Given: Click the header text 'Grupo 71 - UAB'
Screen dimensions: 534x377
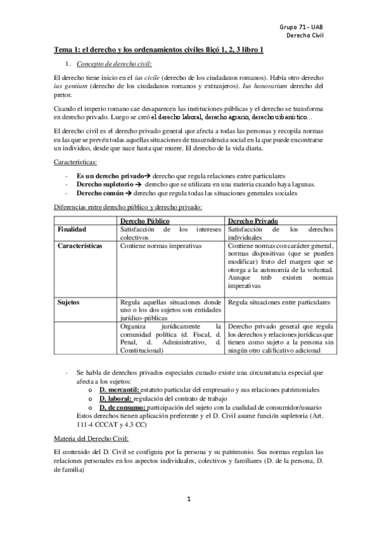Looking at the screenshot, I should [x=304, y=28].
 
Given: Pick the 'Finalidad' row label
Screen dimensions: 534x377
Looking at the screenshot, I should [x=72, y=230].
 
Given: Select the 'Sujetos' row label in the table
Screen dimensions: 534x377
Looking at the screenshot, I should [x=69, y=302].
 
